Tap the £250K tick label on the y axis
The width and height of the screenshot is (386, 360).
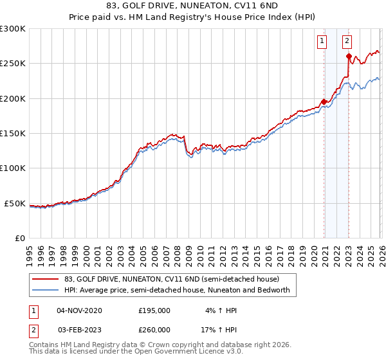click(13, 64)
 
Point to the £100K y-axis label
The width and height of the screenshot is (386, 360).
click(13, 168)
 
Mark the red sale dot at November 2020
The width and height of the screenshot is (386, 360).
click(324, 102)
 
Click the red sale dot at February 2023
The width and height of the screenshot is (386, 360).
click(349, 57)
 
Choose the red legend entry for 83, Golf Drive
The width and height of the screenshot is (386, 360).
click(171, 280)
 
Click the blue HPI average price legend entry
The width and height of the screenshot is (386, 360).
click(177, 291)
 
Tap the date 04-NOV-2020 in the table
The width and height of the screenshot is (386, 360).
click(79, 310)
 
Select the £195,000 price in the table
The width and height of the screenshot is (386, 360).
click(154, 310)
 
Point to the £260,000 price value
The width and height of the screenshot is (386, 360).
click(154, 330)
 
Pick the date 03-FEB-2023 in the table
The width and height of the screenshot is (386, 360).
click(79, 330)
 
